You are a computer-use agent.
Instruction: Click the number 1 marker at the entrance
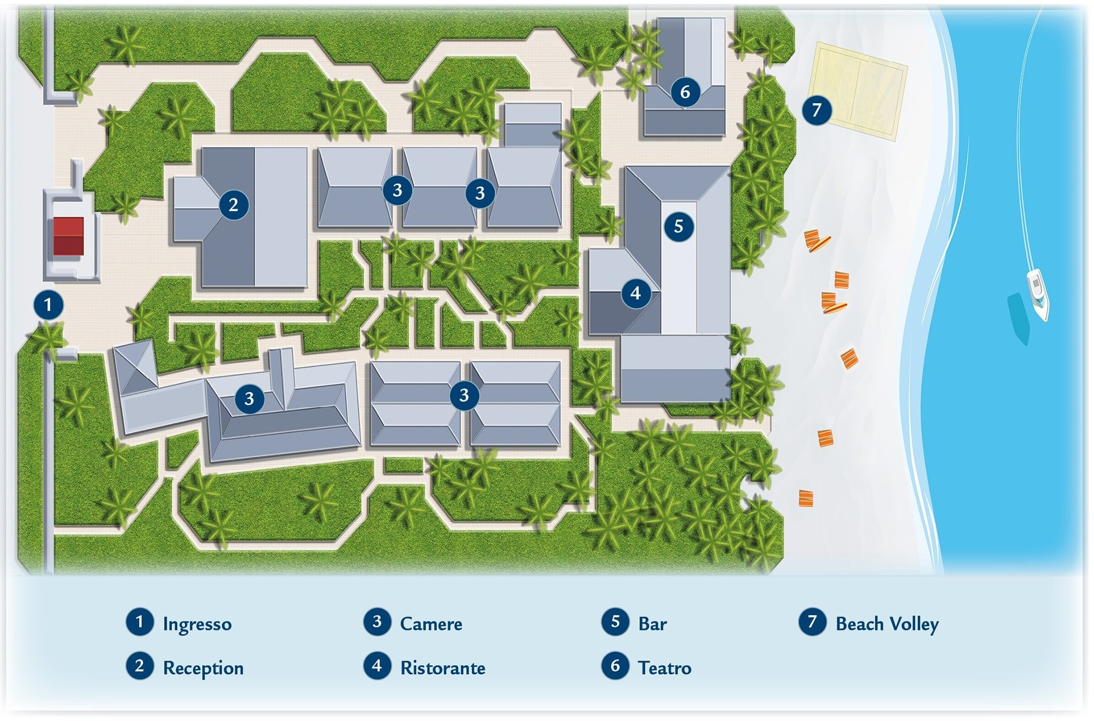coord(48,305)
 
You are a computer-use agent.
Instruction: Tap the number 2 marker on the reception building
coord(233,204)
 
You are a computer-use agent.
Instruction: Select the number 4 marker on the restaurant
coord(635,293)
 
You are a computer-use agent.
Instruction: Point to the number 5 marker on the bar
coord(678,226)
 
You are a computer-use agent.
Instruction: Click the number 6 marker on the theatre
coord(685,91)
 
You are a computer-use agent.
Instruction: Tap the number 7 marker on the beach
coord(817,110)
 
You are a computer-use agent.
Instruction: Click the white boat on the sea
coord(1038,294)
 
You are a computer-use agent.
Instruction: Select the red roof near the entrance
coord(68,236)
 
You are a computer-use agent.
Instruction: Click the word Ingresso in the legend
coord(197,623)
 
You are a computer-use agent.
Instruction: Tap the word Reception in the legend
coord(203,667)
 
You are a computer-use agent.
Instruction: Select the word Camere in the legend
coord(431,623)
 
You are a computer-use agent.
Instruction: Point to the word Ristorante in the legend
coord(443,667)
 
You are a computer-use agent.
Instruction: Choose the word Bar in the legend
coord(652,623)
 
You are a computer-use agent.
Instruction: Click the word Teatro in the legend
coord(664,667)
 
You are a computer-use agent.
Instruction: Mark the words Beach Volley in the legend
coord(887,623)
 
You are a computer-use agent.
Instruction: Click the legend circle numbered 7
coord(813,621)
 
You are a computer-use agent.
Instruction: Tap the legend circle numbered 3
coord(377,621)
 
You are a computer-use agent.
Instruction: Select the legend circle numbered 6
coord(615,666)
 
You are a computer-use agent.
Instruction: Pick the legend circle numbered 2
coord(140,666)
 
